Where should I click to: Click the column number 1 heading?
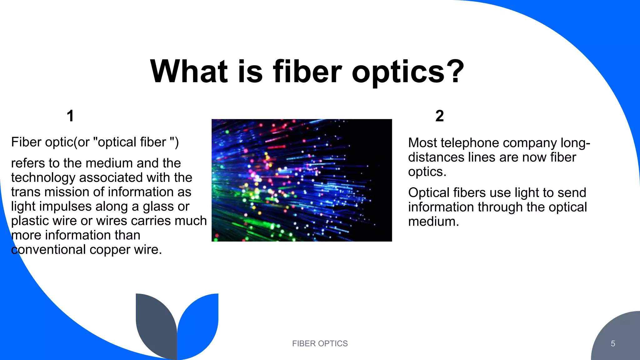tap(70, 116)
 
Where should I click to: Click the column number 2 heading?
tap(439, 116)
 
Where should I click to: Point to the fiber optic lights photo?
tap(302, 180)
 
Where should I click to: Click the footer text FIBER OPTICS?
tap(320, 343)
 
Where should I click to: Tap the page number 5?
tap(613, 344)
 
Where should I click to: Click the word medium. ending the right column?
tap(433, 222)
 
